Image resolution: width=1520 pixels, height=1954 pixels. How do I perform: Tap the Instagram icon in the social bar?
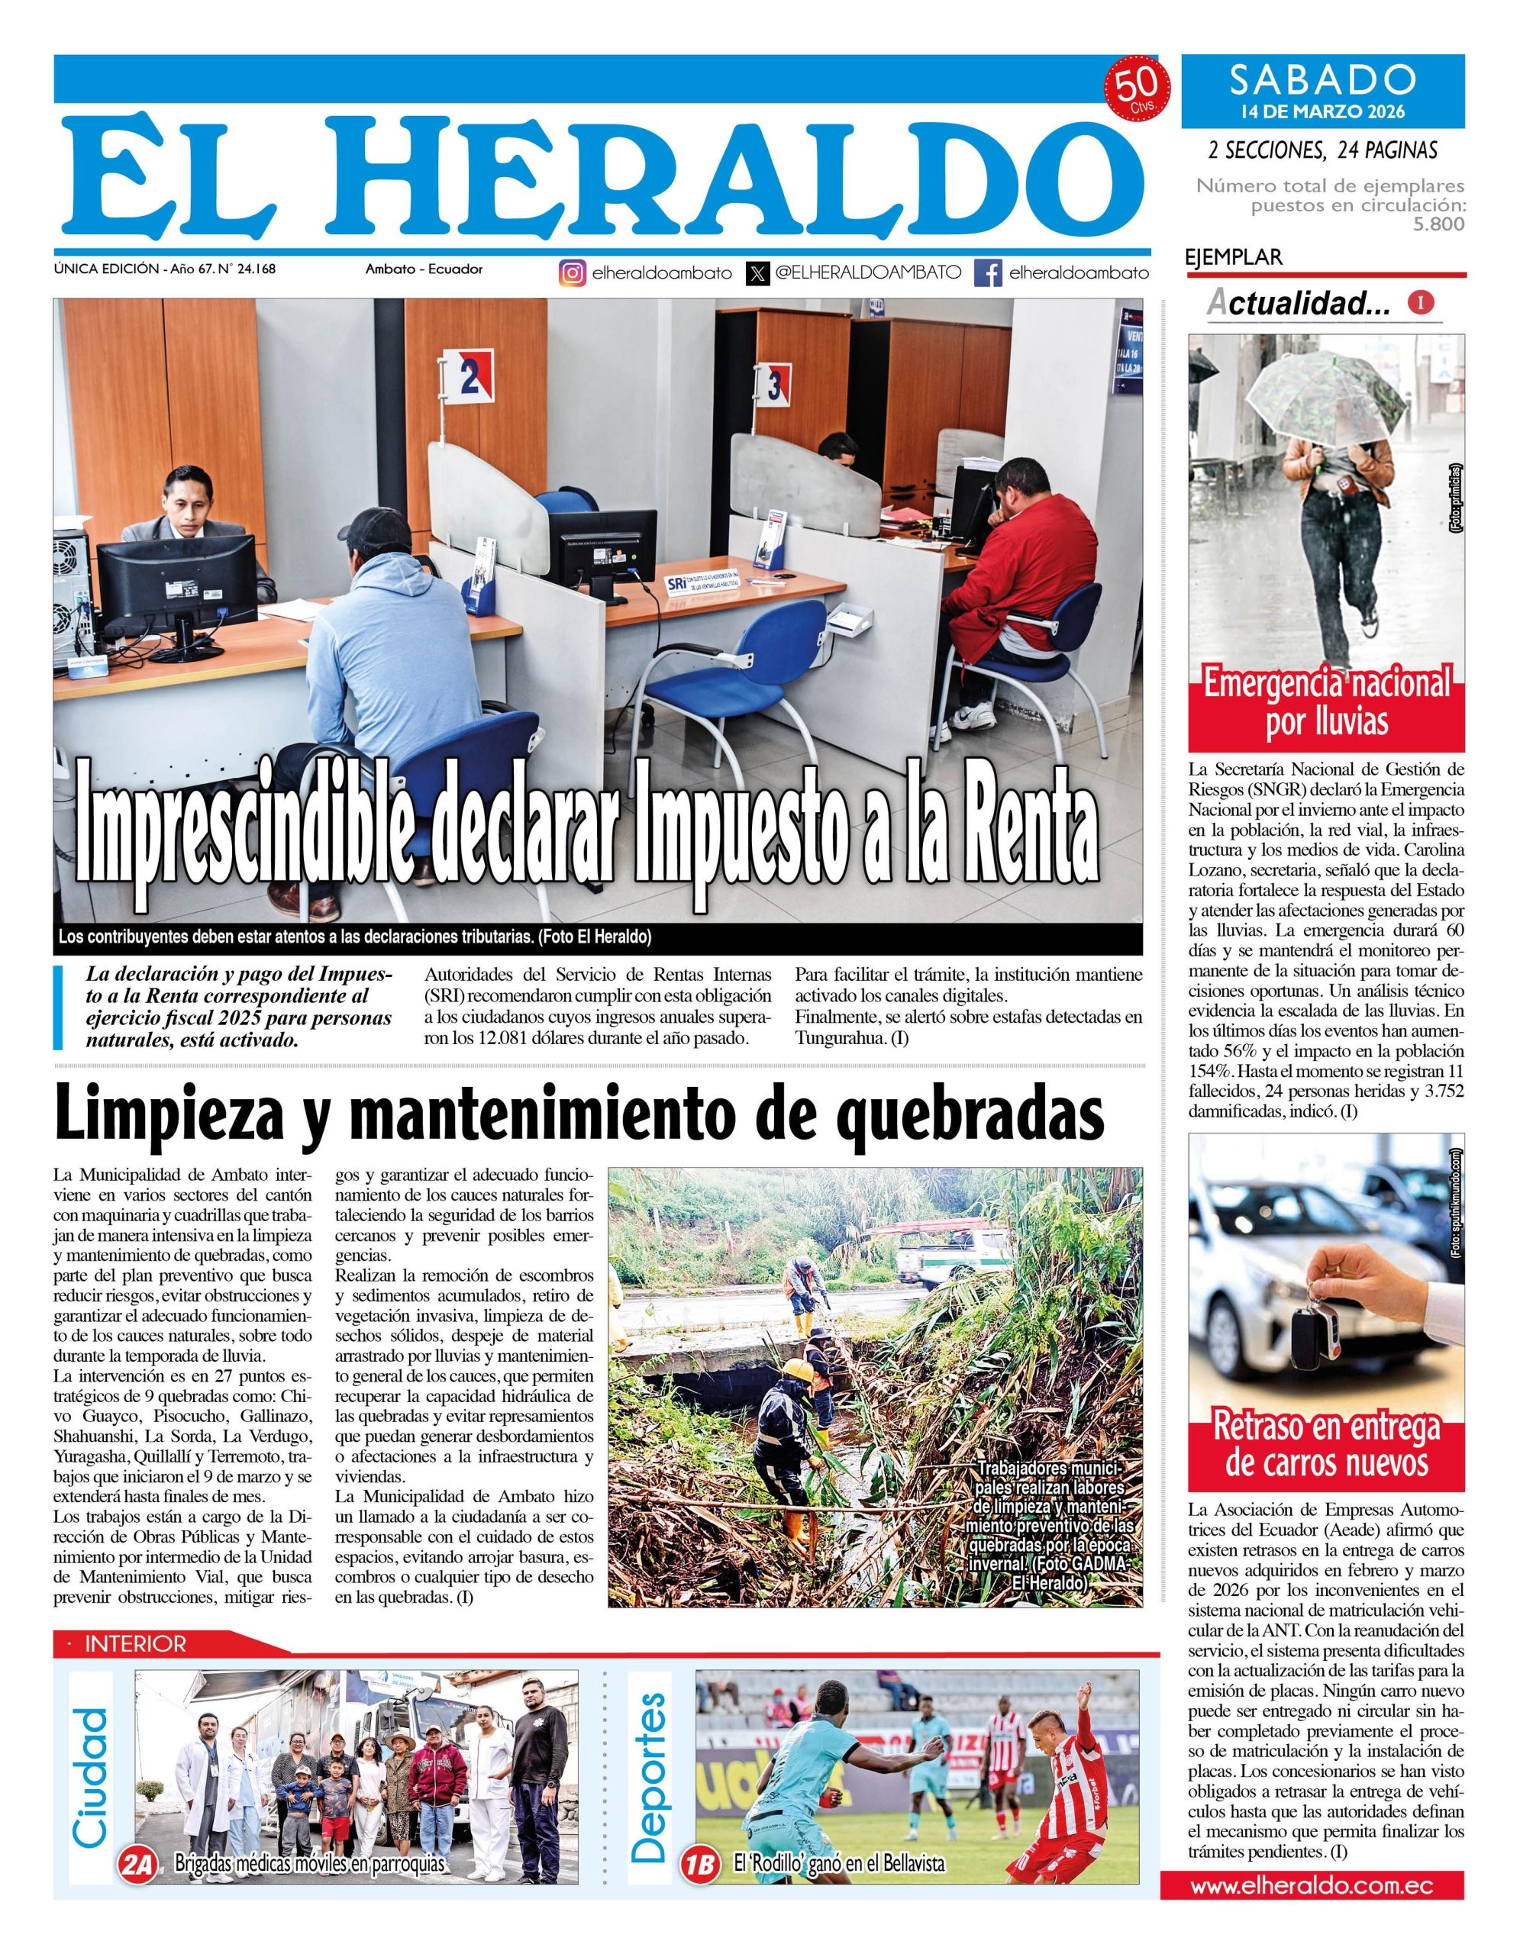(573, 273)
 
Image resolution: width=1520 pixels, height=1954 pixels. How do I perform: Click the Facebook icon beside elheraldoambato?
(988, 273)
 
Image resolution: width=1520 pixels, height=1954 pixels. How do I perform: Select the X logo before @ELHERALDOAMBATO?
(758, 273)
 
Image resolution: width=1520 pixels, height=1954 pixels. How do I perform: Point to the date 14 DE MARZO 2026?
(1322, 112)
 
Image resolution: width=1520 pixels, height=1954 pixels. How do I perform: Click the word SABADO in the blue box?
(1322, 79)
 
